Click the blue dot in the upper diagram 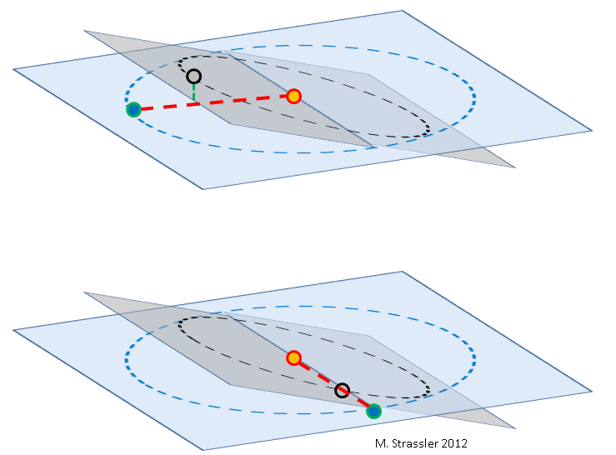pos(134,110)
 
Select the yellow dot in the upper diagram pos(294,97)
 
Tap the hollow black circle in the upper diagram pos(193,76)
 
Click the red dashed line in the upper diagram pos(213,102)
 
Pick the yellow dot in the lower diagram pos(293,358)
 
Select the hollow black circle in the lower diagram pos(343,390)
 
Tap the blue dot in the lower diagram pos(373,412)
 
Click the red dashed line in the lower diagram pos(333,385)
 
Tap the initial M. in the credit pos(381,443)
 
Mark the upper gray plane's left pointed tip pos(84,31)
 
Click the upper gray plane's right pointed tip pos(515,167)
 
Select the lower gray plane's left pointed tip pos(84,292)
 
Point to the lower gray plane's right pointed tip pos(515,428)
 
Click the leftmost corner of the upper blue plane pos(13,69)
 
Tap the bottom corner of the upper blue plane pos(203,189)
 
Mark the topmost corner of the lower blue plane pos(403,271)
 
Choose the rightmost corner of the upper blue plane pos(592,131)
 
